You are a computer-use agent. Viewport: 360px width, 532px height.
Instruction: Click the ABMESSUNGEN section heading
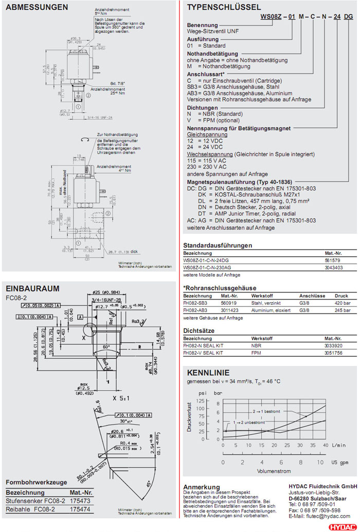[37, 7]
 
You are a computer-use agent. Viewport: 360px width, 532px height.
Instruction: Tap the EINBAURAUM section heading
[32, 288]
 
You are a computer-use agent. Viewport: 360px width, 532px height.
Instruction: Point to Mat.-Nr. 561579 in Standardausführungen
[333, 261]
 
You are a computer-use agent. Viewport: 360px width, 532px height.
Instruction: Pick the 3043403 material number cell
[334, 268]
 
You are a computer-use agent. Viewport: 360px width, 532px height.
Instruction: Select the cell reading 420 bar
[343, 303]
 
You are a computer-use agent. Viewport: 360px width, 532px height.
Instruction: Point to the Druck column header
[341, 296]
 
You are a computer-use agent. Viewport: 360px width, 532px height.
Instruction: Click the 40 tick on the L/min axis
[326, 445]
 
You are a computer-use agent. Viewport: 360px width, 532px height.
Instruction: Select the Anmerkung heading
[202, 487]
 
